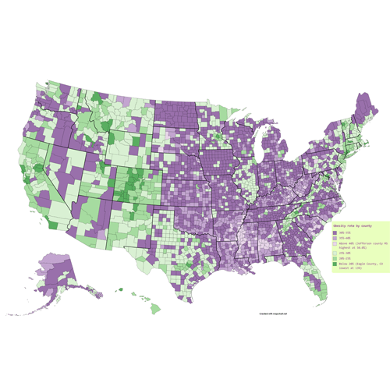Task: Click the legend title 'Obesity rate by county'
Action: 352,225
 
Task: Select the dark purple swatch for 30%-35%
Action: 335,232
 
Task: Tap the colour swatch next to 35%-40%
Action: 335,239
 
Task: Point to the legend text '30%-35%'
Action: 346,232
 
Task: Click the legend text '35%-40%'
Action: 346,239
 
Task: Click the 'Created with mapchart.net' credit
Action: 274,314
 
